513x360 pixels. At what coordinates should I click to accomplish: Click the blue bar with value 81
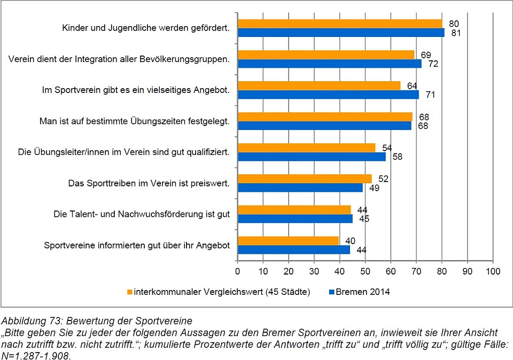coord(341,33)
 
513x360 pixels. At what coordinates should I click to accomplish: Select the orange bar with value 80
coord(340,24)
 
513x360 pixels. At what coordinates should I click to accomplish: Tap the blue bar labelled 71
coord(328,95)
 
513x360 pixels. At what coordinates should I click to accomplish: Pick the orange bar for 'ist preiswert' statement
coord(305,178)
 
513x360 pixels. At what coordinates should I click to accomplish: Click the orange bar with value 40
coord(289,241)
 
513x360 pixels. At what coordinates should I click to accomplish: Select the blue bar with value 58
coord(312,156)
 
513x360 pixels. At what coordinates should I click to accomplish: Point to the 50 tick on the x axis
coord(365,271)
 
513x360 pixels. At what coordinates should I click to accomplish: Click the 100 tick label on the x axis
coord(492,271)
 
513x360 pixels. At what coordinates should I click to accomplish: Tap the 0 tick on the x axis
coord(238,271)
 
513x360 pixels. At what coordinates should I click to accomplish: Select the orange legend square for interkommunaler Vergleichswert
coord(129,292)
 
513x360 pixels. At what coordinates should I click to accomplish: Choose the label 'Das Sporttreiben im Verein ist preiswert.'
coord(149,183)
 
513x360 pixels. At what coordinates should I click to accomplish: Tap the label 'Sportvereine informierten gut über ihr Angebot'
coord(137,246)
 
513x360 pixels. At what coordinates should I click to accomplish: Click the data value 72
coord(429,64)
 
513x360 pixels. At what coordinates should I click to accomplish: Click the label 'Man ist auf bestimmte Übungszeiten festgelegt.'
coord(135,121)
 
